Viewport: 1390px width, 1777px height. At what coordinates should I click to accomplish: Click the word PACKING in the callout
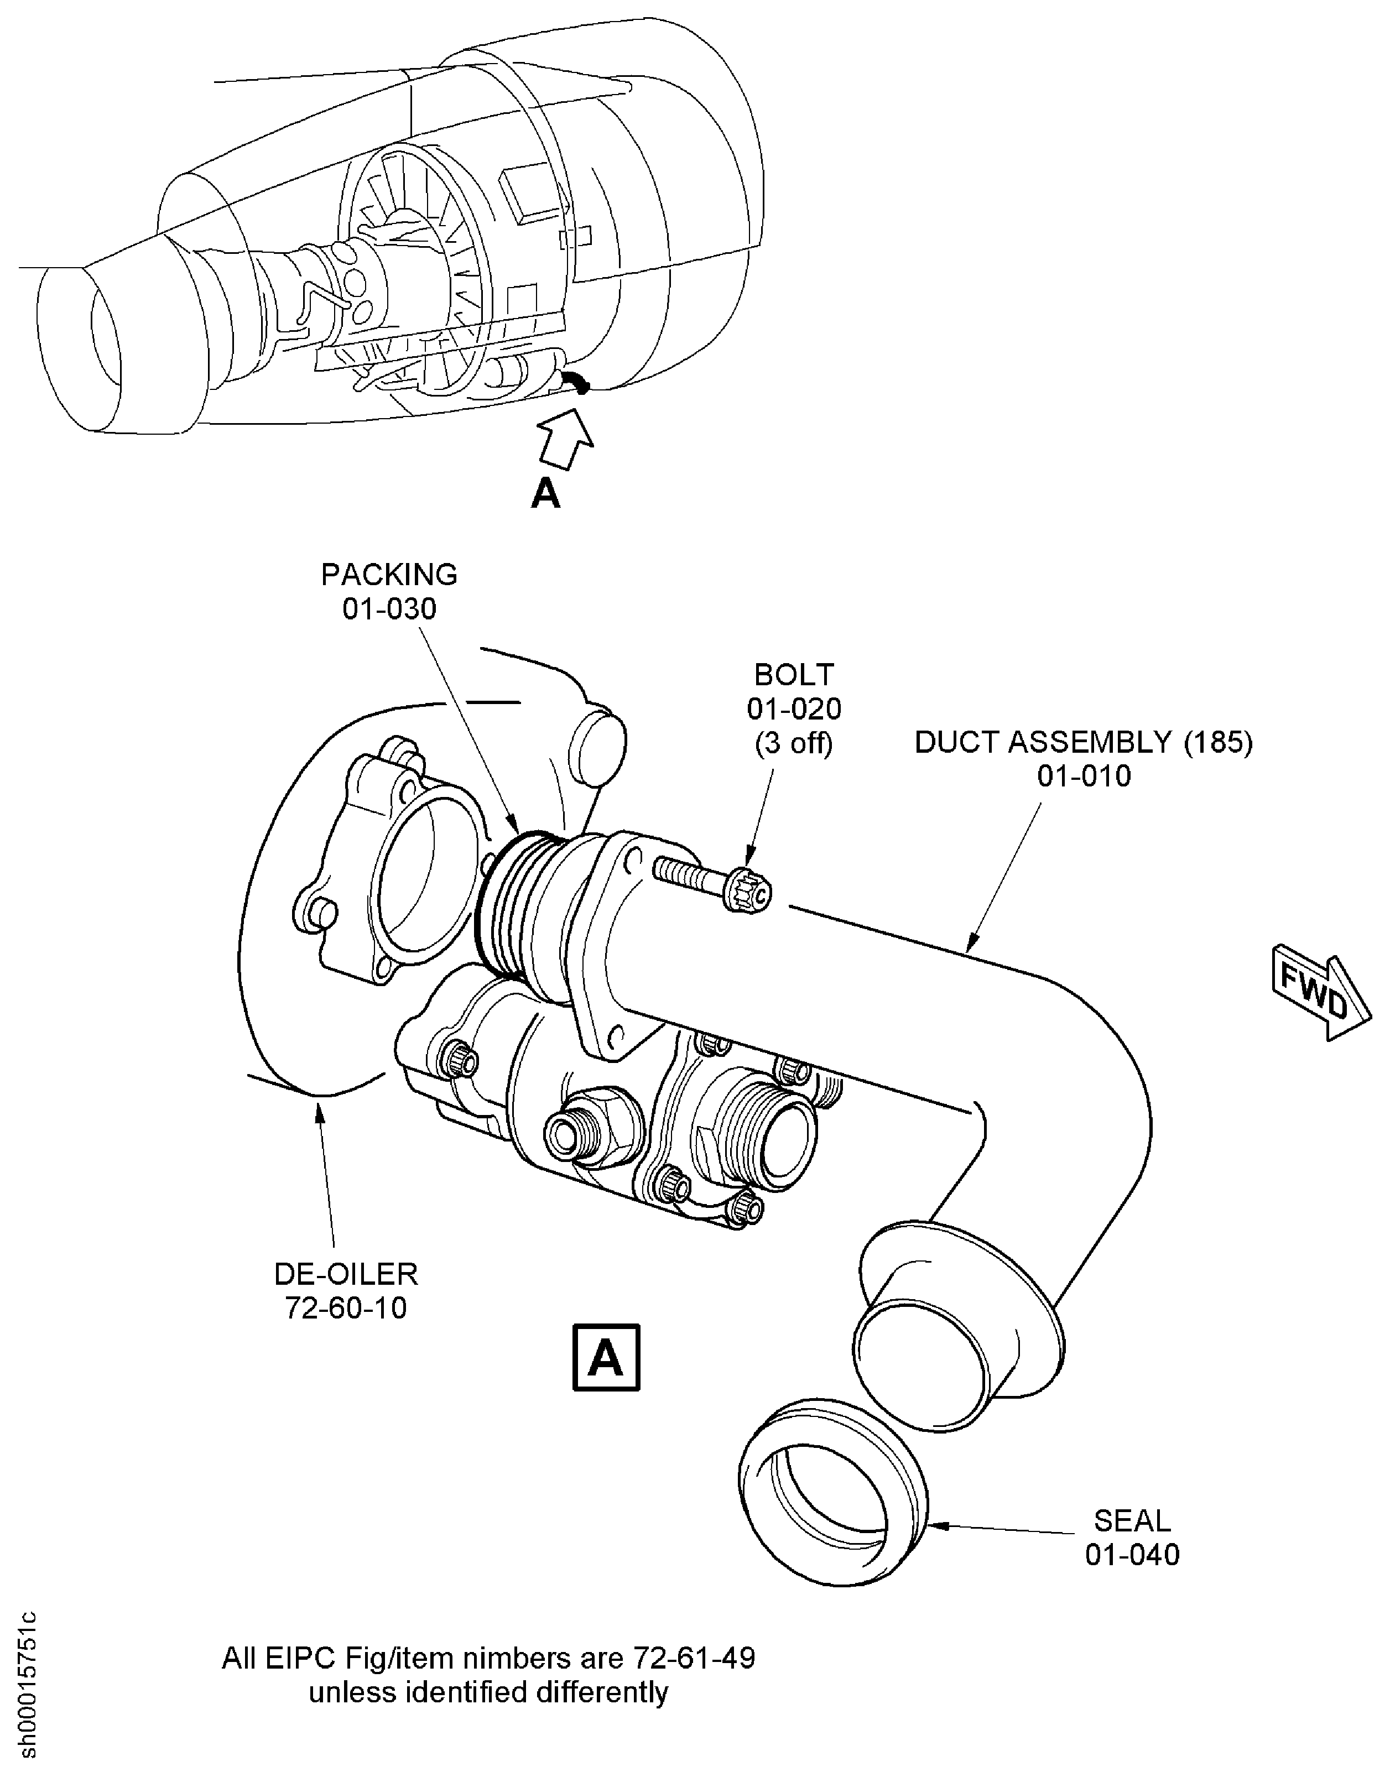coord(389,575)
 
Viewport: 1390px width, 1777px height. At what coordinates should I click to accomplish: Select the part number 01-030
coord(389,608)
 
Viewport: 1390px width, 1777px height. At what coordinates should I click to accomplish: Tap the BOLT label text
coord(794,675)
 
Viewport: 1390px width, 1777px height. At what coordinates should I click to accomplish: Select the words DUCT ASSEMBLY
coord(1043,742)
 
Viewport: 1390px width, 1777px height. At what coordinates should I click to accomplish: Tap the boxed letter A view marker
coord(606,1358)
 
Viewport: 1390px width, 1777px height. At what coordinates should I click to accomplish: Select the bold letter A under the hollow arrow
coord(545,493)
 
